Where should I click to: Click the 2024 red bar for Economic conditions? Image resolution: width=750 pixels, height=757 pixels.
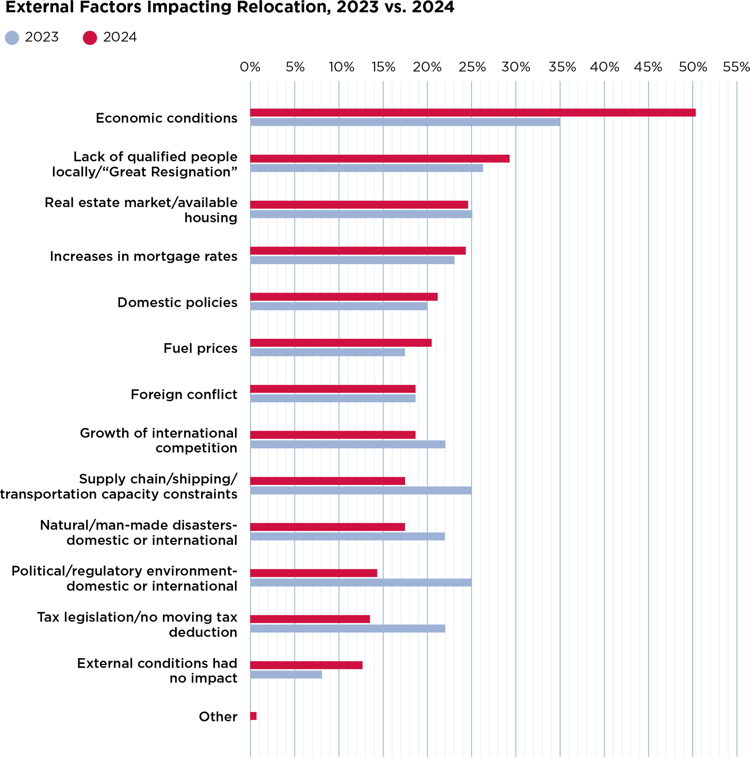click(x=472, y=112)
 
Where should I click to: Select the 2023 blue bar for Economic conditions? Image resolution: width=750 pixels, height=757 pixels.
click(x=405, y=122)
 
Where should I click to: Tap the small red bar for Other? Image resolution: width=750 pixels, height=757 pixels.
click(x=253, y=716)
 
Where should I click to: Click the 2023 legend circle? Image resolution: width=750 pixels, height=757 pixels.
click(x=12, y=37)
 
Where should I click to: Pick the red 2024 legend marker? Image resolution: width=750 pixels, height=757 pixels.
click(x=90, y=37)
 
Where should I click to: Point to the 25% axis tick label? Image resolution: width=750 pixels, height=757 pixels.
click(x=472, y=67)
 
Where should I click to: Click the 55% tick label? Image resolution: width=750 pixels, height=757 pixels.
click(x=736, y=67)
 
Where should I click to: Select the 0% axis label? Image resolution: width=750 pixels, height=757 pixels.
click(x=250, y=67)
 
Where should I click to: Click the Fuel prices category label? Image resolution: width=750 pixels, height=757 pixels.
click(x=200, y=348)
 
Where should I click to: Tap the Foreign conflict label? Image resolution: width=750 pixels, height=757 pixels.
click(x=183, y=394)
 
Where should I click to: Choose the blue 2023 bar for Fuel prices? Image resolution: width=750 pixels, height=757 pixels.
click(x=327, y=352)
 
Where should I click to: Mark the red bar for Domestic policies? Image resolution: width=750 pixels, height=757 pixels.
click(x=344, y=297)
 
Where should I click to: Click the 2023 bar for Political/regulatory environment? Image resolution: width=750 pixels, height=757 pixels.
click(x=360, y=583)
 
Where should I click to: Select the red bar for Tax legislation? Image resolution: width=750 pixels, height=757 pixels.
click(x=310, y=619)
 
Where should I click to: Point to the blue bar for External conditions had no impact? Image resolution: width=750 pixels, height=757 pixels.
click(x=286, y=675)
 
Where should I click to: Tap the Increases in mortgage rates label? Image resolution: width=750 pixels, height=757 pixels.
click(x=143, y=256)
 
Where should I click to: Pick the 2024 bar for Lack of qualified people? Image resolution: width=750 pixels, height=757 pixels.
click(x=379, y=158)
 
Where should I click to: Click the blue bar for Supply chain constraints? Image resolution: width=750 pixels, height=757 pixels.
click(x=360, y=491)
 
